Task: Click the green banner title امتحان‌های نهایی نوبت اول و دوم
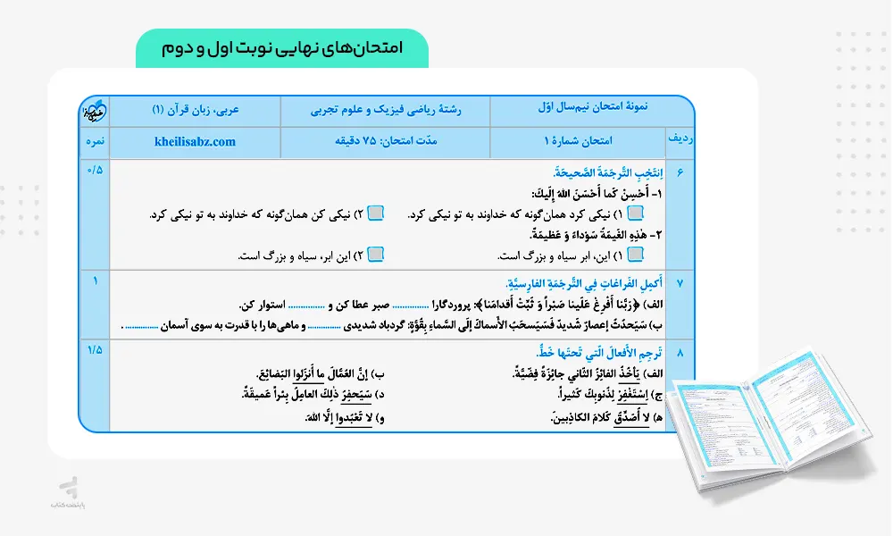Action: (281, 48)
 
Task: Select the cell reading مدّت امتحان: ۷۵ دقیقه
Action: (385, 141)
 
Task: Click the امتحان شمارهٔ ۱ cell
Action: (577, 141)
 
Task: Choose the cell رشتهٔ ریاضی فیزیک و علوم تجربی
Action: (385, 112)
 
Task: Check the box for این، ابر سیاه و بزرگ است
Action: (635, 255)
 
